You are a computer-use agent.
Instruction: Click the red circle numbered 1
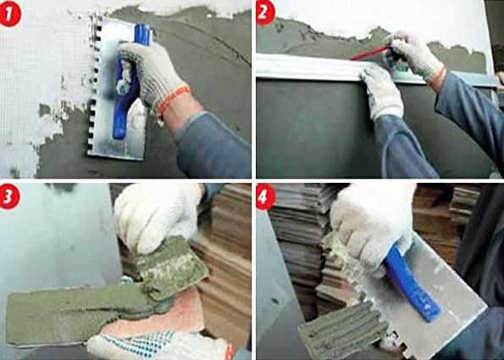click(x=10, y=14)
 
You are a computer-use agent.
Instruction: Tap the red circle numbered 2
click(x=266, y=13)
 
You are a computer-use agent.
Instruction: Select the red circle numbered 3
click(x=10, y=197)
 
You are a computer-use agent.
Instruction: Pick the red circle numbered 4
click(x=266, y=197)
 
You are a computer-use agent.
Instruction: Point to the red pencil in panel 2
click(x=370, y=53)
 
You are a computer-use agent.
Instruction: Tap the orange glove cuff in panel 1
click(x=173, y=100)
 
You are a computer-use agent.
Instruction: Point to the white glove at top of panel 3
click(x=158, y=215)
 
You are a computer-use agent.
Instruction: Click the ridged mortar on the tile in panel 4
click(x=344, y=331)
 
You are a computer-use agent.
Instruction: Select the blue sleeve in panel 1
click(x=212, y=145)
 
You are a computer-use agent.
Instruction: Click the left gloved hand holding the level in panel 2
click(x=383, y=93)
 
